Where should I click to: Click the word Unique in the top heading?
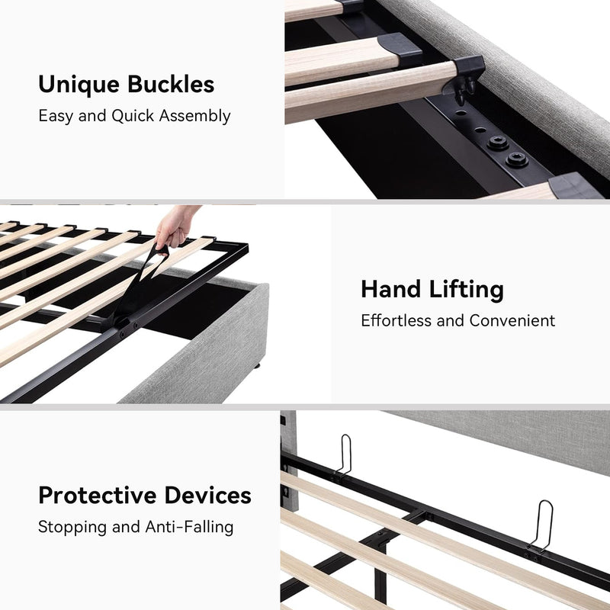click(79, 85)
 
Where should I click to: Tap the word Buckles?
click(171, 84)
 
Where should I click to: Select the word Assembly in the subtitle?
click(194, 117)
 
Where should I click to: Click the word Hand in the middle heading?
click(391, 290)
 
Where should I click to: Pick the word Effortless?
click(396, 320)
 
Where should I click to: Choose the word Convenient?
click(512, 320)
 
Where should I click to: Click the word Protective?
click(98, 495)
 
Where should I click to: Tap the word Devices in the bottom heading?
click(207, 495)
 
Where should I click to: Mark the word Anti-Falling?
click(189, 527)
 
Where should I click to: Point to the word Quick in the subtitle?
click(132, 116)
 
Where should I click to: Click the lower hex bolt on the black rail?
click(517, 159)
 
